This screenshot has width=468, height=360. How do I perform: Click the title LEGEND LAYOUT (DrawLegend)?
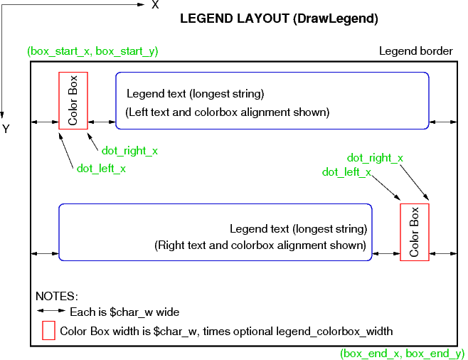pos(279,19)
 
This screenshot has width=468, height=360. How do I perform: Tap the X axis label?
pos(155,5)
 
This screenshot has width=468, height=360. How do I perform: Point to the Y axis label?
pos(6,129)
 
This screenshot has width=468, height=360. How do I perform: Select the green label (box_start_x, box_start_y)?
pos(92,51)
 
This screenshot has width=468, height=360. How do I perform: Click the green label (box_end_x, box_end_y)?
pos(402,353)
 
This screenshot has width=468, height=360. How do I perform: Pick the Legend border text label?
pos(415,51)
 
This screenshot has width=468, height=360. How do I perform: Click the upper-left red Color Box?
pos(73,100)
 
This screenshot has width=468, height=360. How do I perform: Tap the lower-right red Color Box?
pos(414,232)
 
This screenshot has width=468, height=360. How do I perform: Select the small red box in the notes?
pos(48,331)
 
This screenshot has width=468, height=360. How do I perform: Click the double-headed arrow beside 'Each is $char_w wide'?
pos(51,312)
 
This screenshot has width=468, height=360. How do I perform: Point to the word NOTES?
pos(57,296)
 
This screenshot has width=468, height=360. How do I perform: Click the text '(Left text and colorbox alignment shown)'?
pos(228,112)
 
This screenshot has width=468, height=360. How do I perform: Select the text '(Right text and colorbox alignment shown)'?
pos(260,245)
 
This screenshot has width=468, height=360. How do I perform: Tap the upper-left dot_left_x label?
pos(101,169)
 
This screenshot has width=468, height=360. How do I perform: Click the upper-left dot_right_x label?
pos(129,151)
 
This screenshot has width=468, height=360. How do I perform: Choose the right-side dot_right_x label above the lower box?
pos(375,158)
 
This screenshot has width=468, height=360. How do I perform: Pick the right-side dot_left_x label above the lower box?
pos(346,172)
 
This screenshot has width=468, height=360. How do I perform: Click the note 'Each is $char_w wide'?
pos(124,312)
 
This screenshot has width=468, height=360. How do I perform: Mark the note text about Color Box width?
pos(226,331)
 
